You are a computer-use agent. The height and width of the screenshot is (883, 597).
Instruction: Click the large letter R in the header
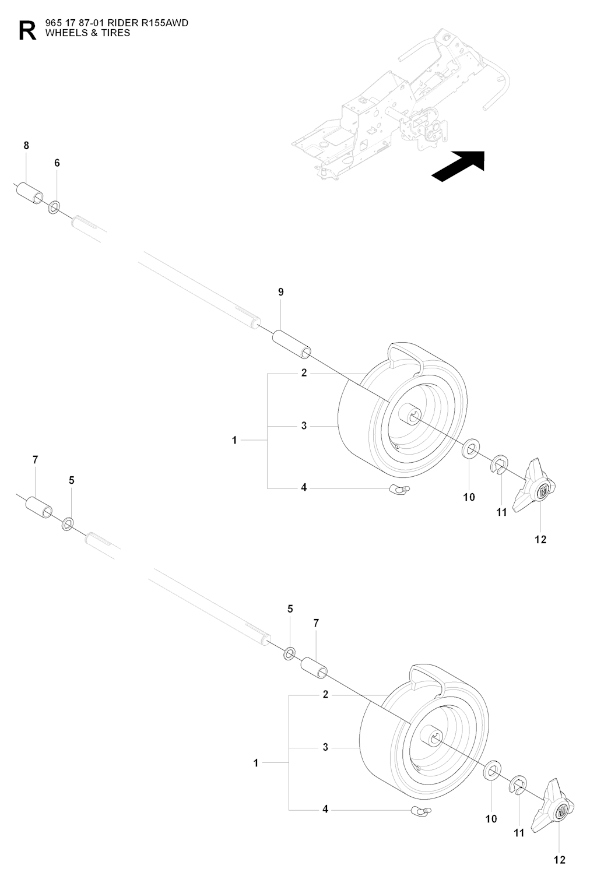27,31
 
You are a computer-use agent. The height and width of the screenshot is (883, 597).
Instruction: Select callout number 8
26,146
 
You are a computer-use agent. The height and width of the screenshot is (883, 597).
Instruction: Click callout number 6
57,163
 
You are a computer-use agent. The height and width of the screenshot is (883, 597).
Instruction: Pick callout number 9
281,292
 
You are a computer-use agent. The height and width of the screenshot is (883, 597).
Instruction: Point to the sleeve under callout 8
30,193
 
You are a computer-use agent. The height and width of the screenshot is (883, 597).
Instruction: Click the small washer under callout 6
54,207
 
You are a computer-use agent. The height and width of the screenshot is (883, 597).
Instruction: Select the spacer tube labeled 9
292,344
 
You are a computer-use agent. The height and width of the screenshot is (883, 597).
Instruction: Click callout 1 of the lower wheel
256,763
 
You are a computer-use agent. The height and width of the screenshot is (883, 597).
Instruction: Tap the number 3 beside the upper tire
304,425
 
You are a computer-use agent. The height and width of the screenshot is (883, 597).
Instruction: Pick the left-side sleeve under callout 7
38,507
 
